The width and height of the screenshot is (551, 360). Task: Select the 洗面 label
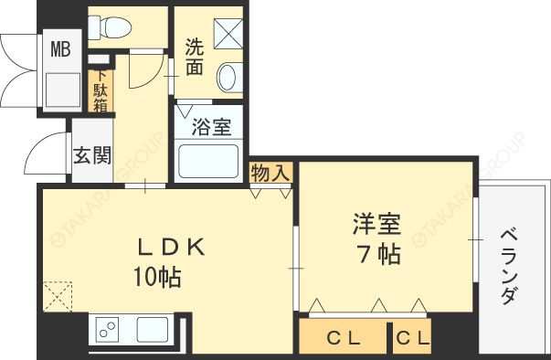(x=194, y=58)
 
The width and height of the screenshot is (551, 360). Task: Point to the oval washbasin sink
(x=228, y=77)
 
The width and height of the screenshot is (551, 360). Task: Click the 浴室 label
(x=211, y=127)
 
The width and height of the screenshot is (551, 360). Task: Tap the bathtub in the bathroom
(x=209, y=163)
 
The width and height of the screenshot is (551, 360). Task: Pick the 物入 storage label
(x=270, y=172)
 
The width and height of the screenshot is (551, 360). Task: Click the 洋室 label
(x=377, y=224)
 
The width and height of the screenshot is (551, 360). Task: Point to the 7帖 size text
(x=377, y=253)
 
